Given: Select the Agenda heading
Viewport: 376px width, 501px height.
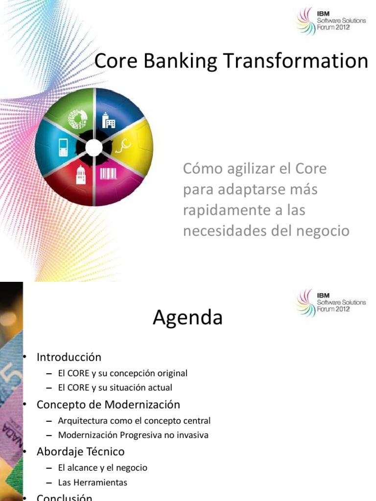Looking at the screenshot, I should [188, 319].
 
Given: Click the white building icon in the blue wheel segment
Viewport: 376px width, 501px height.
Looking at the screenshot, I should [108, 120].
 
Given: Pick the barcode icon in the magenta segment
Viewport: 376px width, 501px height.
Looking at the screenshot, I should [108, 174].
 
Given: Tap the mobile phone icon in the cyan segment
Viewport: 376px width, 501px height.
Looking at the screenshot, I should [64, 147].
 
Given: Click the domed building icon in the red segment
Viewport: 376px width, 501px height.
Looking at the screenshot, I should [81, 174].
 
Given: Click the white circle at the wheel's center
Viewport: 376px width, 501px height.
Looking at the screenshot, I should [94, 147].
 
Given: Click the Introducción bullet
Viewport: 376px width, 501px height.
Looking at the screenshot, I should [69, 357].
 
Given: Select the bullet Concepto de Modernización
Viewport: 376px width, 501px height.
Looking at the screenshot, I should [108, 405].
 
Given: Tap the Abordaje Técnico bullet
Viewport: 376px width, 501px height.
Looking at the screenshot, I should [80, 452].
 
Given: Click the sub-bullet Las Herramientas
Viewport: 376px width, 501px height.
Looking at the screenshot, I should [93, 482].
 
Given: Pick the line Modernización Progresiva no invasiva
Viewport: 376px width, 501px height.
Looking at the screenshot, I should [133, 435].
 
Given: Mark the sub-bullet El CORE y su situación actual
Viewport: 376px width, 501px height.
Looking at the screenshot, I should [115, 387].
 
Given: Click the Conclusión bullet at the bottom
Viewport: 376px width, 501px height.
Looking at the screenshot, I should [64, 498].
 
